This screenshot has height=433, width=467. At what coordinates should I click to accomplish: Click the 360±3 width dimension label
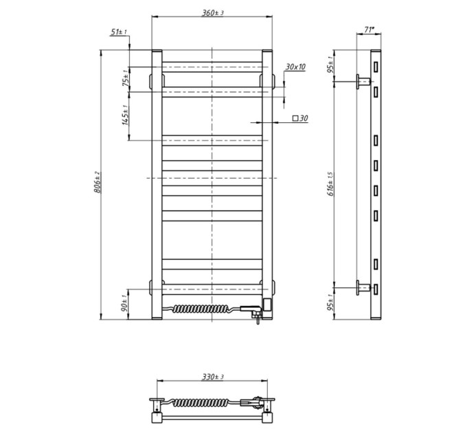(x=213, y=13)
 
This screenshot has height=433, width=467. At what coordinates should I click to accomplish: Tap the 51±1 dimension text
(x=119, y=32)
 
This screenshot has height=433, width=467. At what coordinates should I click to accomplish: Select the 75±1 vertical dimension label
(x=126, y=77)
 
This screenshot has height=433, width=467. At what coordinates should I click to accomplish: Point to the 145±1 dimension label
(x=126, y=115)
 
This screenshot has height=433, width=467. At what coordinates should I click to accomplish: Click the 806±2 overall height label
(x=98, y=182)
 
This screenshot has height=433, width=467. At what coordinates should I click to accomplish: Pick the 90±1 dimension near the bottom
(x=126, y=303)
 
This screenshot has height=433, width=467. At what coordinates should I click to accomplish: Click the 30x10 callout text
(x=295, y=67)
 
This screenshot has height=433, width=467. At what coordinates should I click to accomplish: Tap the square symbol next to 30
(x=295, y=118)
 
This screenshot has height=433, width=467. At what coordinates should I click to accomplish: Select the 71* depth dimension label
(x=369, y=30)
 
